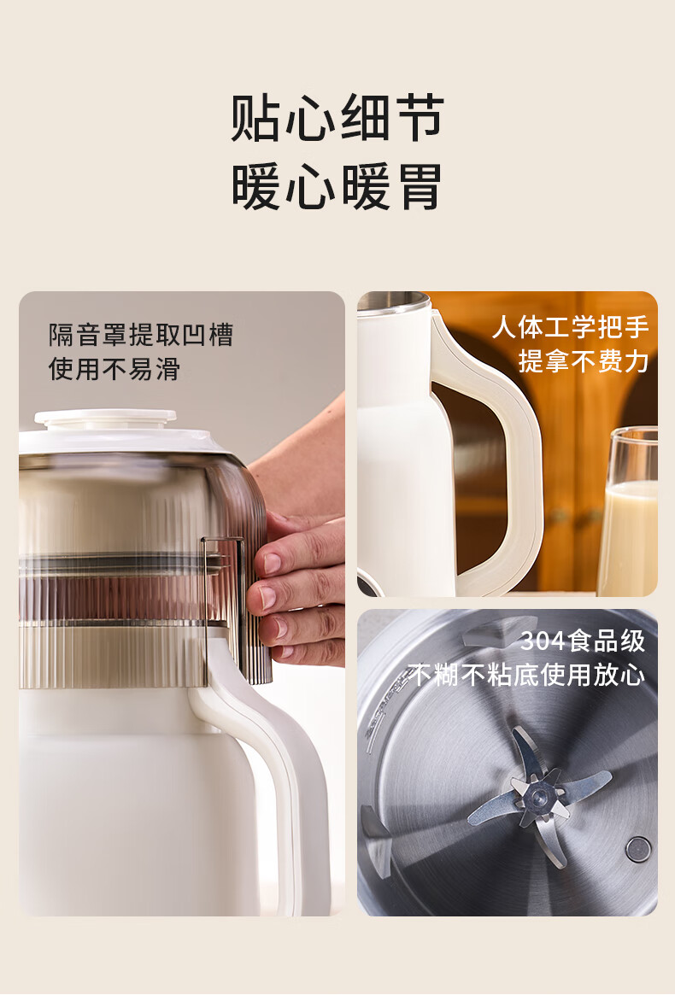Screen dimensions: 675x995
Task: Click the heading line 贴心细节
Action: point(337,118)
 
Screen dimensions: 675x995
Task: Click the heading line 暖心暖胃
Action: point(337,186)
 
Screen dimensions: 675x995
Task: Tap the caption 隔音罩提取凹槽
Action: point(142,335)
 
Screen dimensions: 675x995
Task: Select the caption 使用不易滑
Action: point(114,369)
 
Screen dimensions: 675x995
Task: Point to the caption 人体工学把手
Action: point(570,327)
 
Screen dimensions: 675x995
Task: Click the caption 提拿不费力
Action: point(584,361)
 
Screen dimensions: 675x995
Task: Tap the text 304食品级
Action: point(582,641)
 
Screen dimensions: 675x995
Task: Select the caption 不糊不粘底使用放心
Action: point(526,675)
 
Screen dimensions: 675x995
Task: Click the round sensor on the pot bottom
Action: point(638,849)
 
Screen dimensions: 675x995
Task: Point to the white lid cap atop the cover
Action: point(105,417)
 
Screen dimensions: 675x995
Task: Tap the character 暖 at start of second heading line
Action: point(256,186)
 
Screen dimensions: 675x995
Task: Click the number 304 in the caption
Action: point(543,641)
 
